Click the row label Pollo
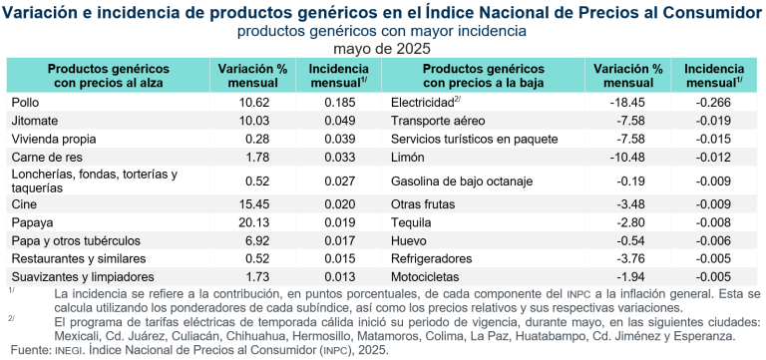pyautogui.click(x=25, y=102)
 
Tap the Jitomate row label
pyautogui.click(x=33, y=120)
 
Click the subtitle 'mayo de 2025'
pyautogui.click(x=383, y=47)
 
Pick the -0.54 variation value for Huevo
pyautogui.click(x=629, y=240)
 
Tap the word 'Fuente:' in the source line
pyautogui.click(x=27, y=350)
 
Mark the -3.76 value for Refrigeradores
pyautogui.click(x=629, y=257)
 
